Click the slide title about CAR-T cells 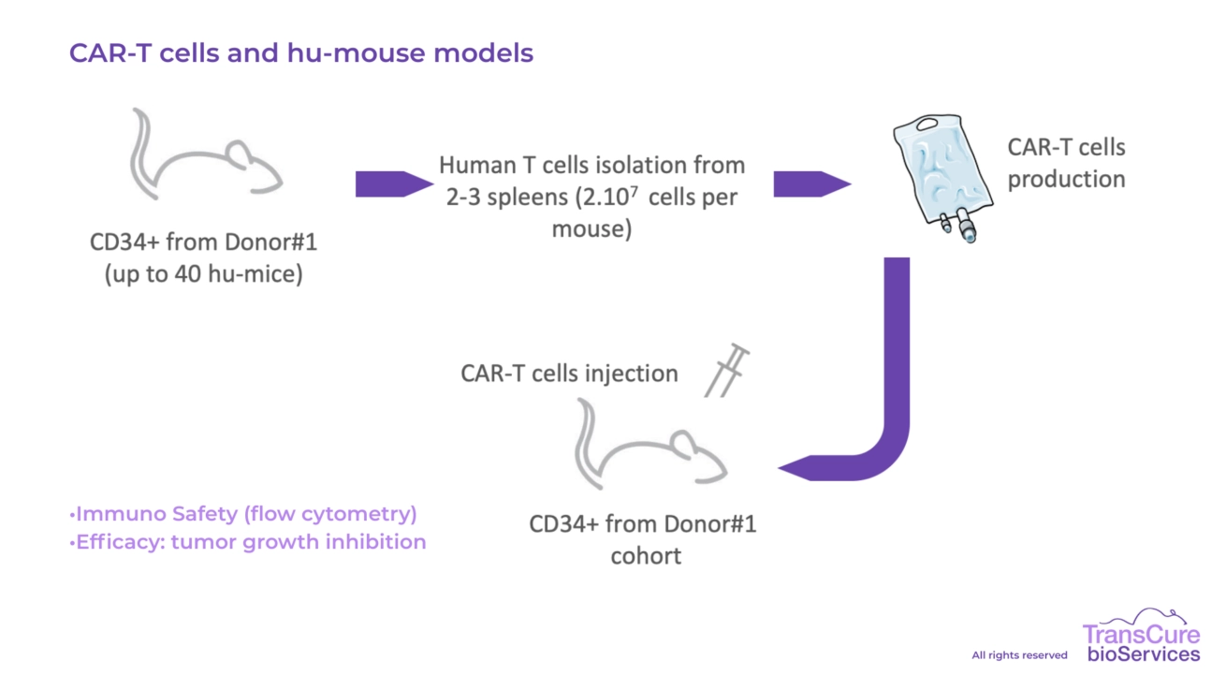pos(300,53)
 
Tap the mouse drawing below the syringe pos(651,449)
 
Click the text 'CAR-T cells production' pos(1066,163)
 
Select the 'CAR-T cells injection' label pos(569,374)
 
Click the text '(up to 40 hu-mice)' pos(203,275)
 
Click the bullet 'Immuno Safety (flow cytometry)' pos(243,514)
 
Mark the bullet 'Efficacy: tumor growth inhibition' pos(248,542)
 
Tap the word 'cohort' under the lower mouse pos(646,555)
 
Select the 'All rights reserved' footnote pos(1019,655)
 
